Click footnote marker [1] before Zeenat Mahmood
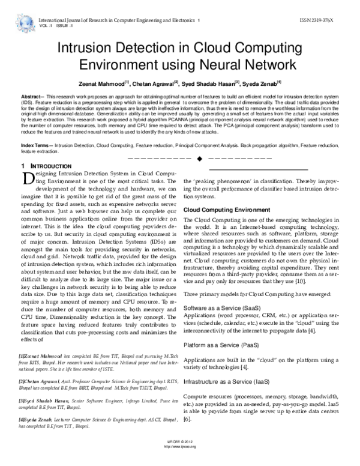22,357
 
